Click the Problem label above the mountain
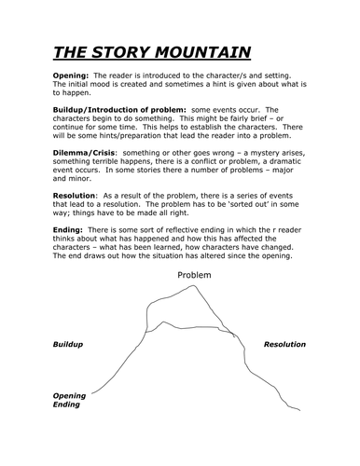pyautogui.click(x=194, y=276)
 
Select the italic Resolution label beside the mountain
pyautogui.click(x=284, y=344)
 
